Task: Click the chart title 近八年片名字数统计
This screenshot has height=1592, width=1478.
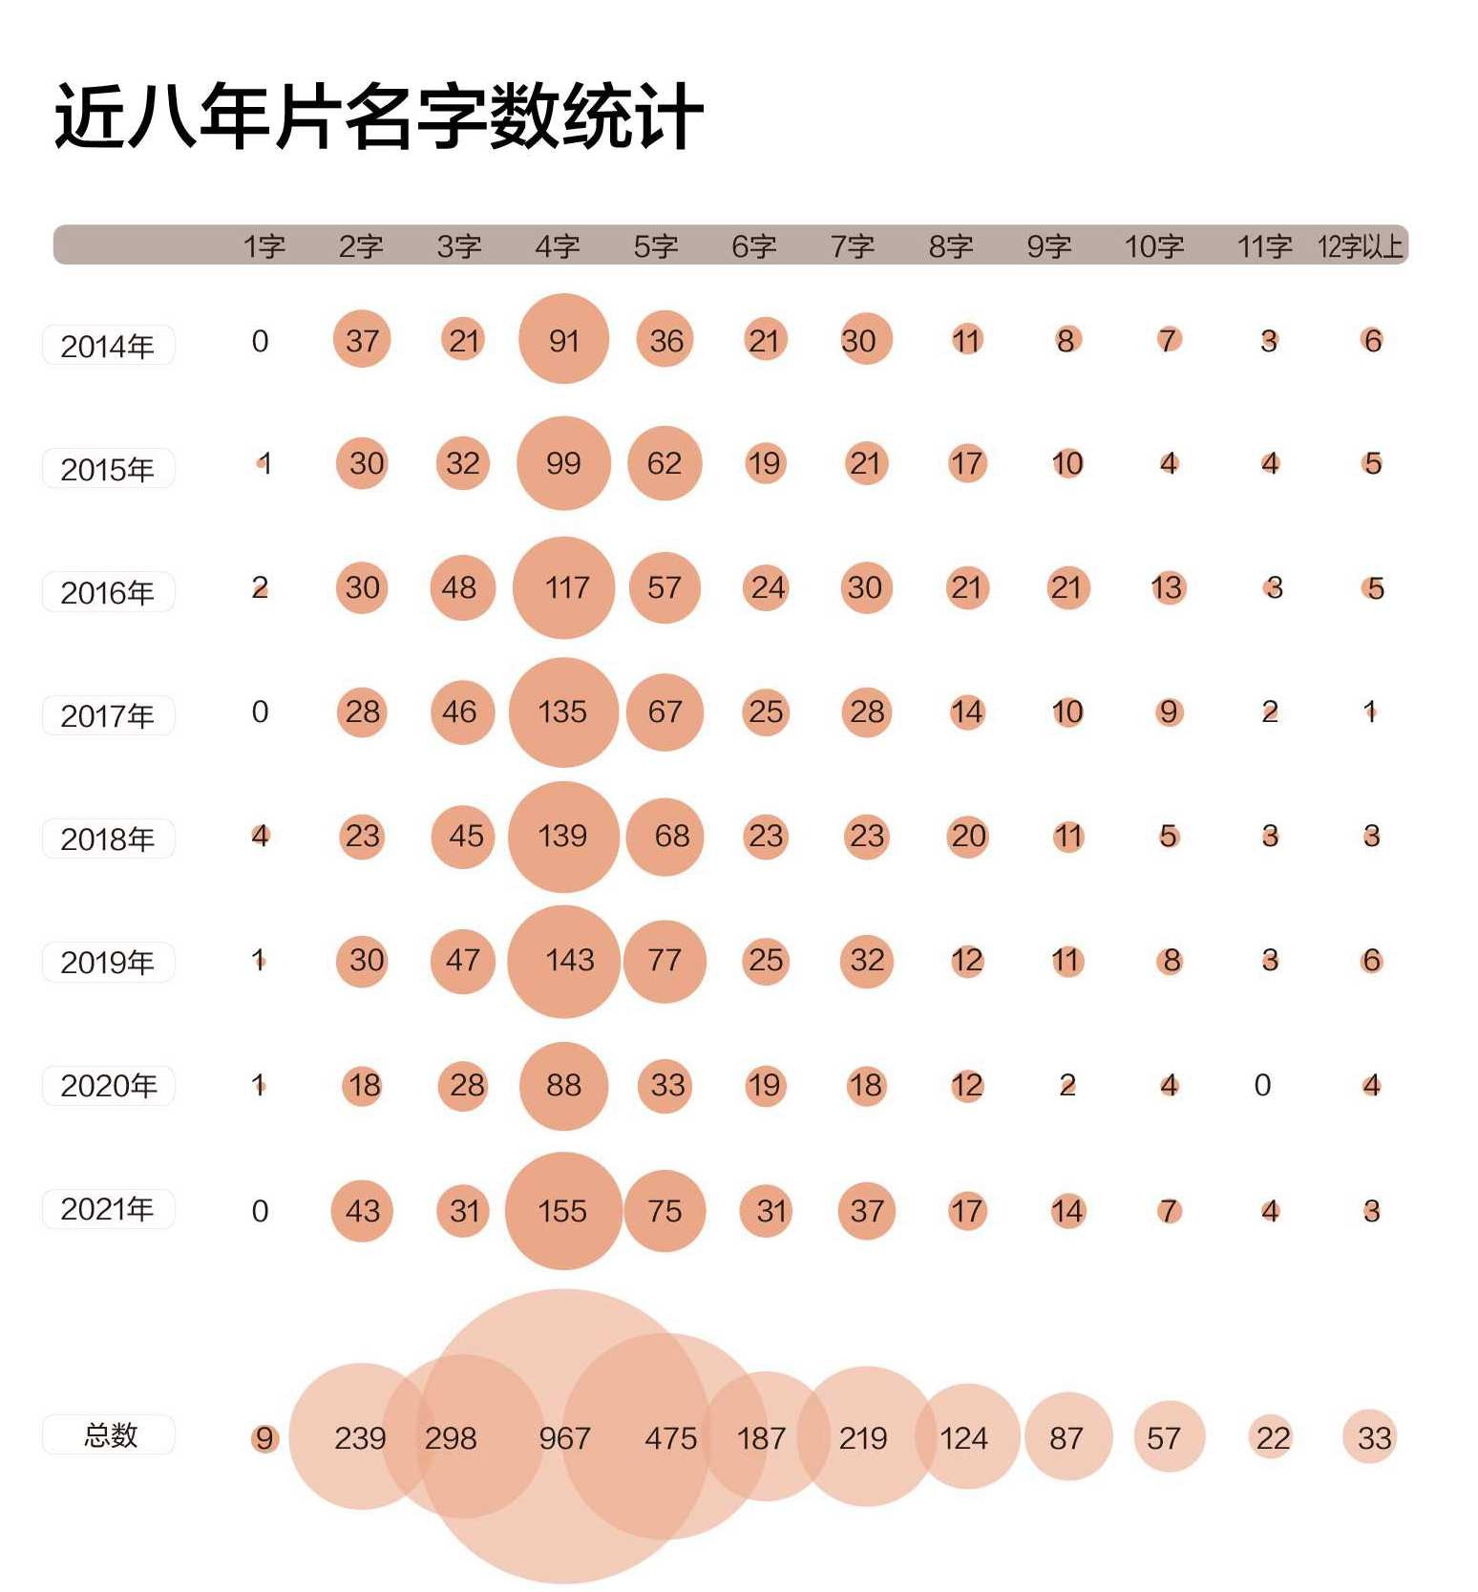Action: click(x=379, y=117)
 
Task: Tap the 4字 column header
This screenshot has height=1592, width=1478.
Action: click(x=558, y=246)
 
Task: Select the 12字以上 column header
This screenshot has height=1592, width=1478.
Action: click(x=1360, y=246)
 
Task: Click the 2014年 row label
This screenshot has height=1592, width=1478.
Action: click(x=108, y=345)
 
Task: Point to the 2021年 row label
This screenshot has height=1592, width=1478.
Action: click(x=108, y=1209)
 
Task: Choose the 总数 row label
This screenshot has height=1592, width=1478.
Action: click(x=110, y=1434)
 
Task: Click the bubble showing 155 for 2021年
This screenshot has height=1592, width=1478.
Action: click(x=563, y=1211)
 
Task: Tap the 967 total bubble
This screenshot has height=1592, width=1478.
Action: click(x=564, y=1437)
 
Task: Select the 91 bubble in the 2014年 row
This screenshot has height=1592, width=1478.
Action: click(x=563, y=339)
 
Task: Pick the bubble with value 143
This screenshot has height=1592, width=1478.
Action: click(x=564, y=960)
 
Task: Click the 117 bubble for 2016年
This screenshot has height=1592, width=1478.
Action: click(x=563, y=587)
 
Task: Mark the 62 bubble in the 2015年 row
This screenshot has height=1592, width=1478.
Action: click(x=665, y=463)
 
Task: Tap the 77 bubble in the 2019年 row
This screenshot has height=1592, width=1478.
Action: click(x=665, y=960)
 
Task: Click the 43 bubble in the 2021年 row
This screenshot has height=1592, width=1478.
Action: click(x=362, y=1211)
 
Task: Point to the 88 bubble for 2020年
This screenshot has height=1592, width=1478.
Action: click(x=563, y=1085)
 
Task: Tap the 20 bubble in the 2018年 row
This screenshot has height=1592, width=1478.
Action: click(x=968, y=837)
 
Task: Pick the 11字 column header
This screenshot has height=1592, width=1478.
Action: click(x=1264, y=246)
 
